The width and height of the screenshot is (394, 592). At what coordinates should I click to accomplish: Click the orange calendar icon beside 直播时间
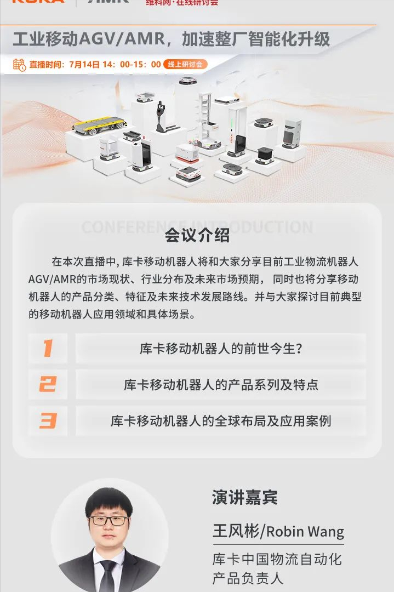19,65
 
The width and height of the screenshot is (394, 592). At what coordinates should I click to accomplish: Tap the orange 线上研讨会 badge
185,65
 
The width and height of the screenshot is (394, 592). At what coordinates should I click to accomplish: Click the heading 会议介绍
197,236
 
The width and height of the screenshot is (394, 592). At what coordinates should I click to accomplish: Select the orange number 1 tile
48,349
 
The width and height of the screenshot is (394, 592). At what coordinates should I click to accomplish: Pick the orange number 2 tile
48,384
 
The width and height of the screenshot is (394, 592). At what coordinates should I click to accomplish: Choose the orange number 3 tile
48,421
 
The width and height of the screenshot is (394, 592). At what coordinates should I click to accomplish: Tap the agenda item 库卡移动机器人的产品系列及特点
221,384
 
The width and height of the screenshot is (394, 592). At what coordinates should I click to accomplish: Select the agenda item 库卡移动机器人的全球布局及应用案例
221,421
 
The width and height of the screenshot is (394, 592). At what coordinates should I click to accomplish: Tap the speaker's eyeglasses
109,520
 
